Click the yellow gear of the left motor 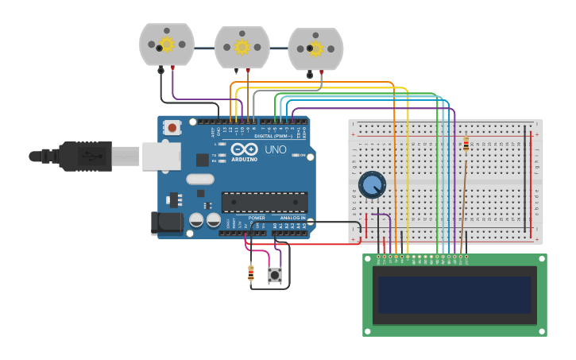167,45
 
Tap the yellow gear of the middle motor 242,47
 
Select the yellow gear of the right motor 315,48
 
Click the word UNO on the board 276,149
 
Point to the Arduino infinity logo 244,149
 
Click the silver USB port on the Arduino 161,156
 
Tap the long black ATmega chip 264,202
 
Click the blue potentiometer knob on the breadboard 372,185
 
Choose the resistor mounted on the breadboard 466,144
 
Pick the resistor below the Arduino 251,273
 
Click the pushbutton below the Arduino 275,276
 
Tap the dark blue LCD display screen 454,294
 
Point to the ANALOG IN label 292,217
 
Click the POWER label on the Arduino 257,217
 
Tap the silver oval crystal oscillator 200,179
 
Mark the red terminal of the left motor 172,68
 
